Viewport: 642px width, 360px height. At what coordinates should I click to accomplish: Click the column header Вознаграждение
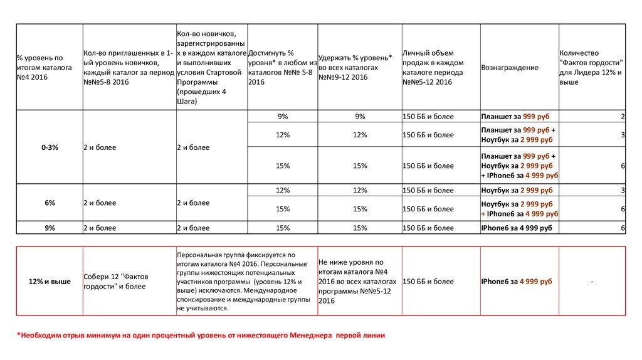pyautogui.click(x=510, y=68)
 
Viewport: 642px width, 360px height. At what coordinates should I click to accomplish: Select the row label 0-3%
pyautogui.click(x=50, y=147)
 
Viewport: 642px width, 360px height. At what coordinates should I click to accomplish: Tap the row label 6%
pyautogui.click(x=50, y=203)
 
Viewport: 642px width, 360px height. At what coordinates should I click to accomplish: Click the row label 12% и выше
pyautogui.click(x=50, y=282)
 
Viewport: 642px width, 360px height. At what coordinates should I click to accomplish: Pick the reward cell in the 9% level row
pyautogui.click(x=517, y=228)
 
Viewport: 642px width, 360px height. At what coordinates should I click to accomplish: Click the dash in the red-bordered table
pyautogui.click(x=592, y=282)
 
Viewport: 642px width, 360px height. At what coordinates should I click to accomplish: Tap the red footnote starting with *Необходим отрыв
pyautogui.click(x=201, y=336)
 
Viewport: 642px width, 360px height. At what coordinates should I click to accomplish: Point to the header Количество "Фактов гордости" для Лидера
pyautogui.click(x=591, y=67)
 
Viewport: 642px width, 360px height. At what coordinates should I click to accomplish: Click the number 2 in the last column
pyautogui.click(x=623, y=117)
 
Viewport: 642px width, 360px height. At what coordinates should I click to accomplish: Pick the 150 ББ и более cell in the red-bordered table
pyautogui.click(x=428, y=282)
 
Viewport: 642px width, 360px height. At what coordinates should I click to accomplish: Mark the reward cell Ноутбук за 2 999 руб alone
pyautogui.click(x=517, y=190)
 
